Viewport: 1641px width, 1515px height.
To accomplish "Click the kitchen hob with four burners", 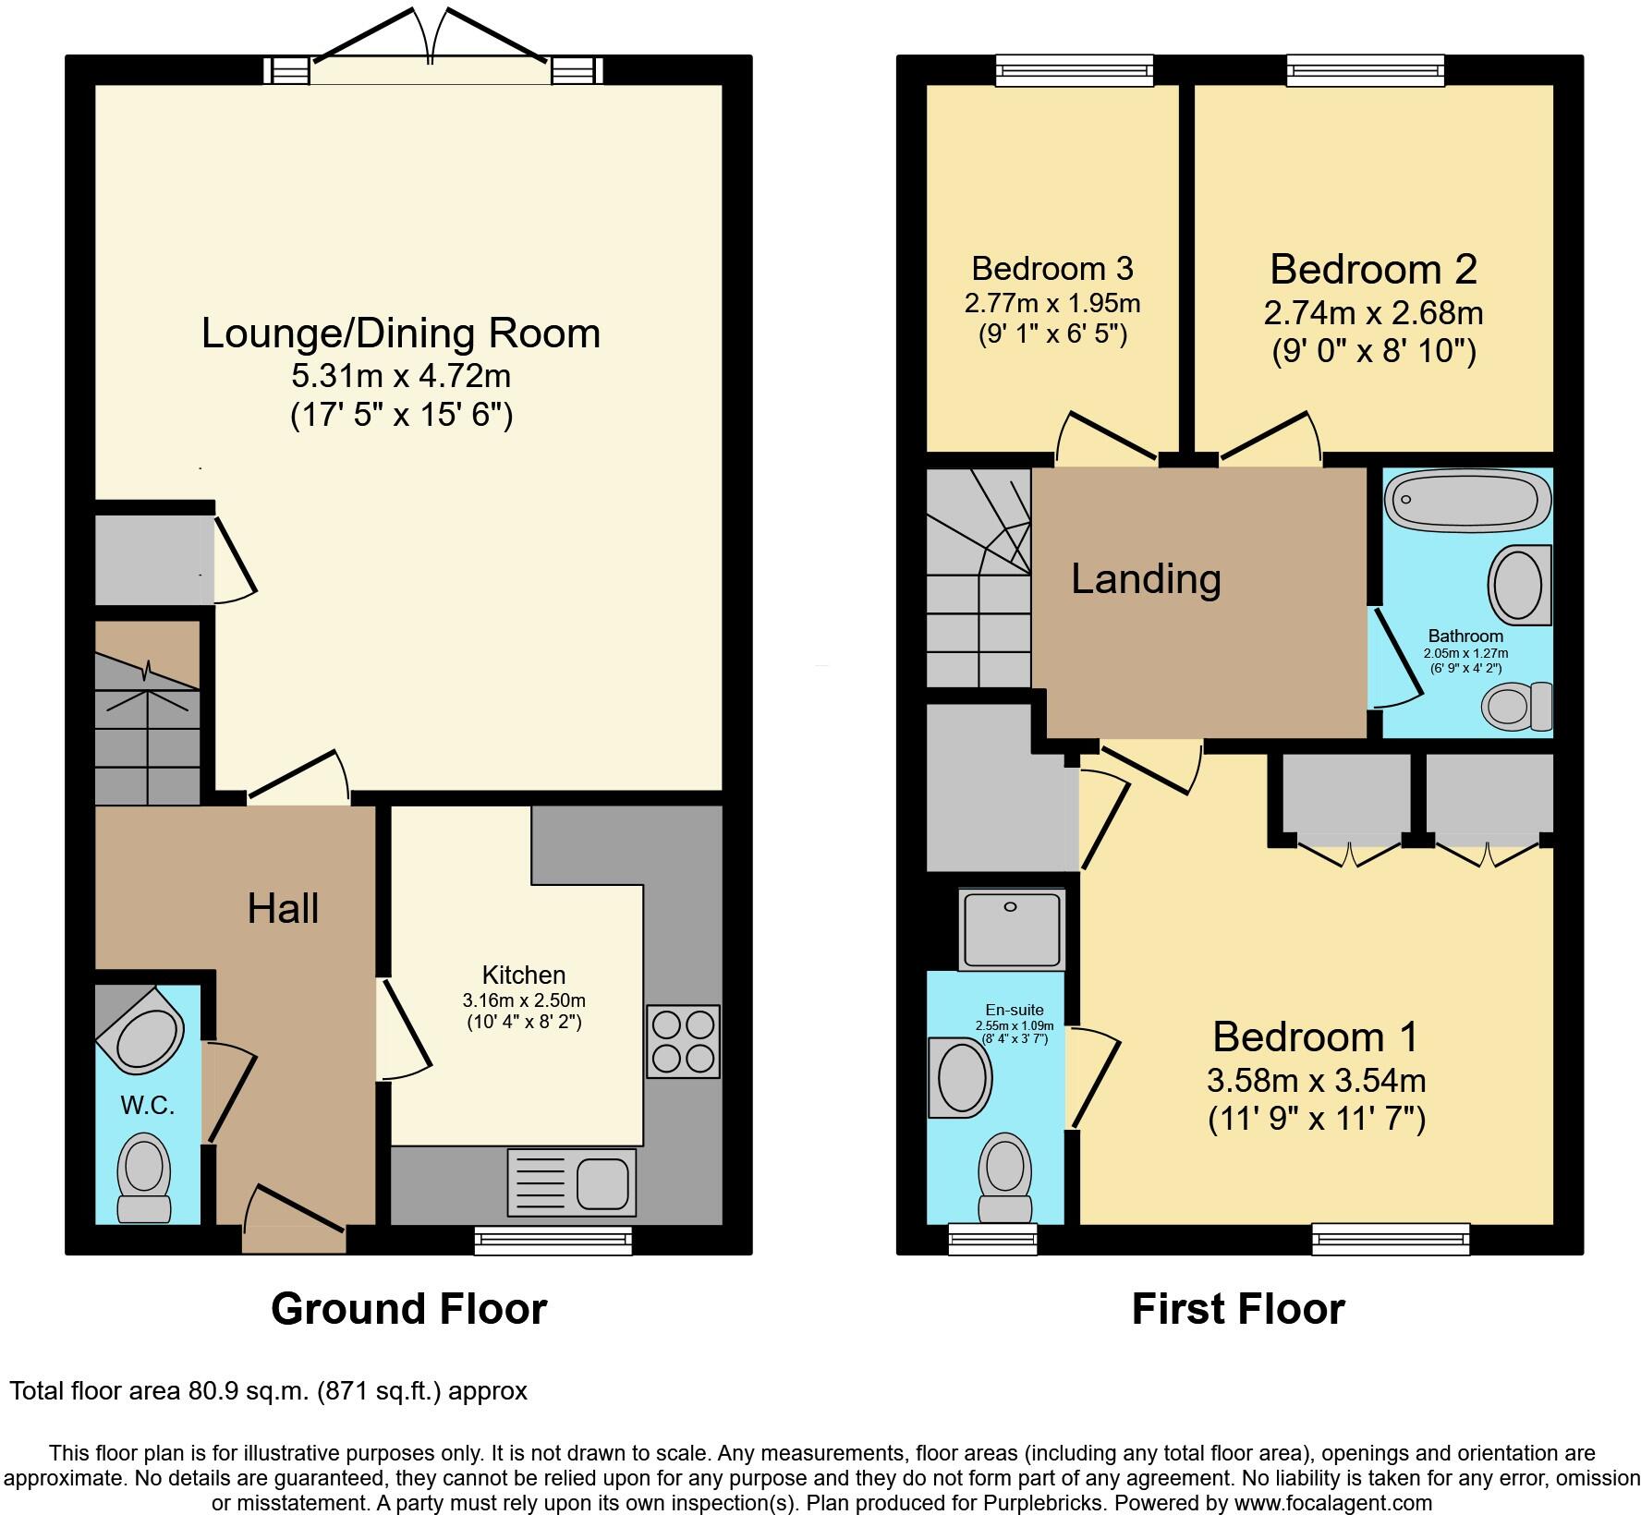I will coord(683,1041).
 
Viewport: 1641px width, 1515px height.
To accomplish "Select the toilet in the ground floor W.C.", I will coord(144,1178).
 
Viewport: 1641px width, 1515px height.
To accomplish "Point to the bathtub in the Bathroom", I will coord(1467,500).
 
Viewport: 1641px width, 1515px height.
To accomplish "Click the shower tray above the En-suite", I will coord(1012,928).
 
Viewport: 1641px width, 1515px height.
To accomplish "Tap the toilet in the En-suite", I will coord(1005,1177).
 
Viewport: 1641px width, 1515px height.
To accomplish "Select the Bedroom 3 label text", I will coord(1052,269).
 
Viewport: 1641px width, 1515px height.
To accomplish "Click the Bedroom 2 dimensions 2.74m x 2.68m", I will coord(1373,312).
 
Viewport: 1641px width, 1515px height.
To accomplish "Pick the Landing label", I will coord(1146,579).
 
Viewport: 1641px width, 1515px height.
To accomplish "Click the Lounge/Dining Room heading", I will coord(401,333).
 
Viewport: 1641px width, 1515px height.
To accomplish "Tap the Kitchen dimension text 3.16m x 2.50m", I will coord(524,1000).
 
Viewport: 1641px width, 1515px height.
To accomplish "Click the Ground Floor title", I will coord(408,1309).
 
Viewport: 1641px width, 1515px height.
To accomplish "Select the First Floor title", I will coord(1238,1309).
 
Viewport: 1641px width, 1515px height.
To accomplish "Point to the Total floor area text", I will coord(268,1390).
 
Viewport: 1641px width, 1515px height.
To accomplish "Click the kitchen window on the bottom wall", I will coord(553,1241).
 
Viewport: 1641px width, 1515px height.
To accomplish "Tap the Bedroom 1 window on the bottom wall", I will coord(1391,1239).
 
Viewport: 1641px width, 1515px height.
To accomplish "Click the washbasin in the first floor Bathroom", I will coord(1519,584).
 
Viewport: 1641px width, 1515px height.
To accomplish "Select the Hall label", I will coord(283,909).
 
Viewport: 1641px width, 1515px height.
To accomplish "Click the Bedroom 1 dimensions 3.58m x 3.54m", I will coord(1316,1079).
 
